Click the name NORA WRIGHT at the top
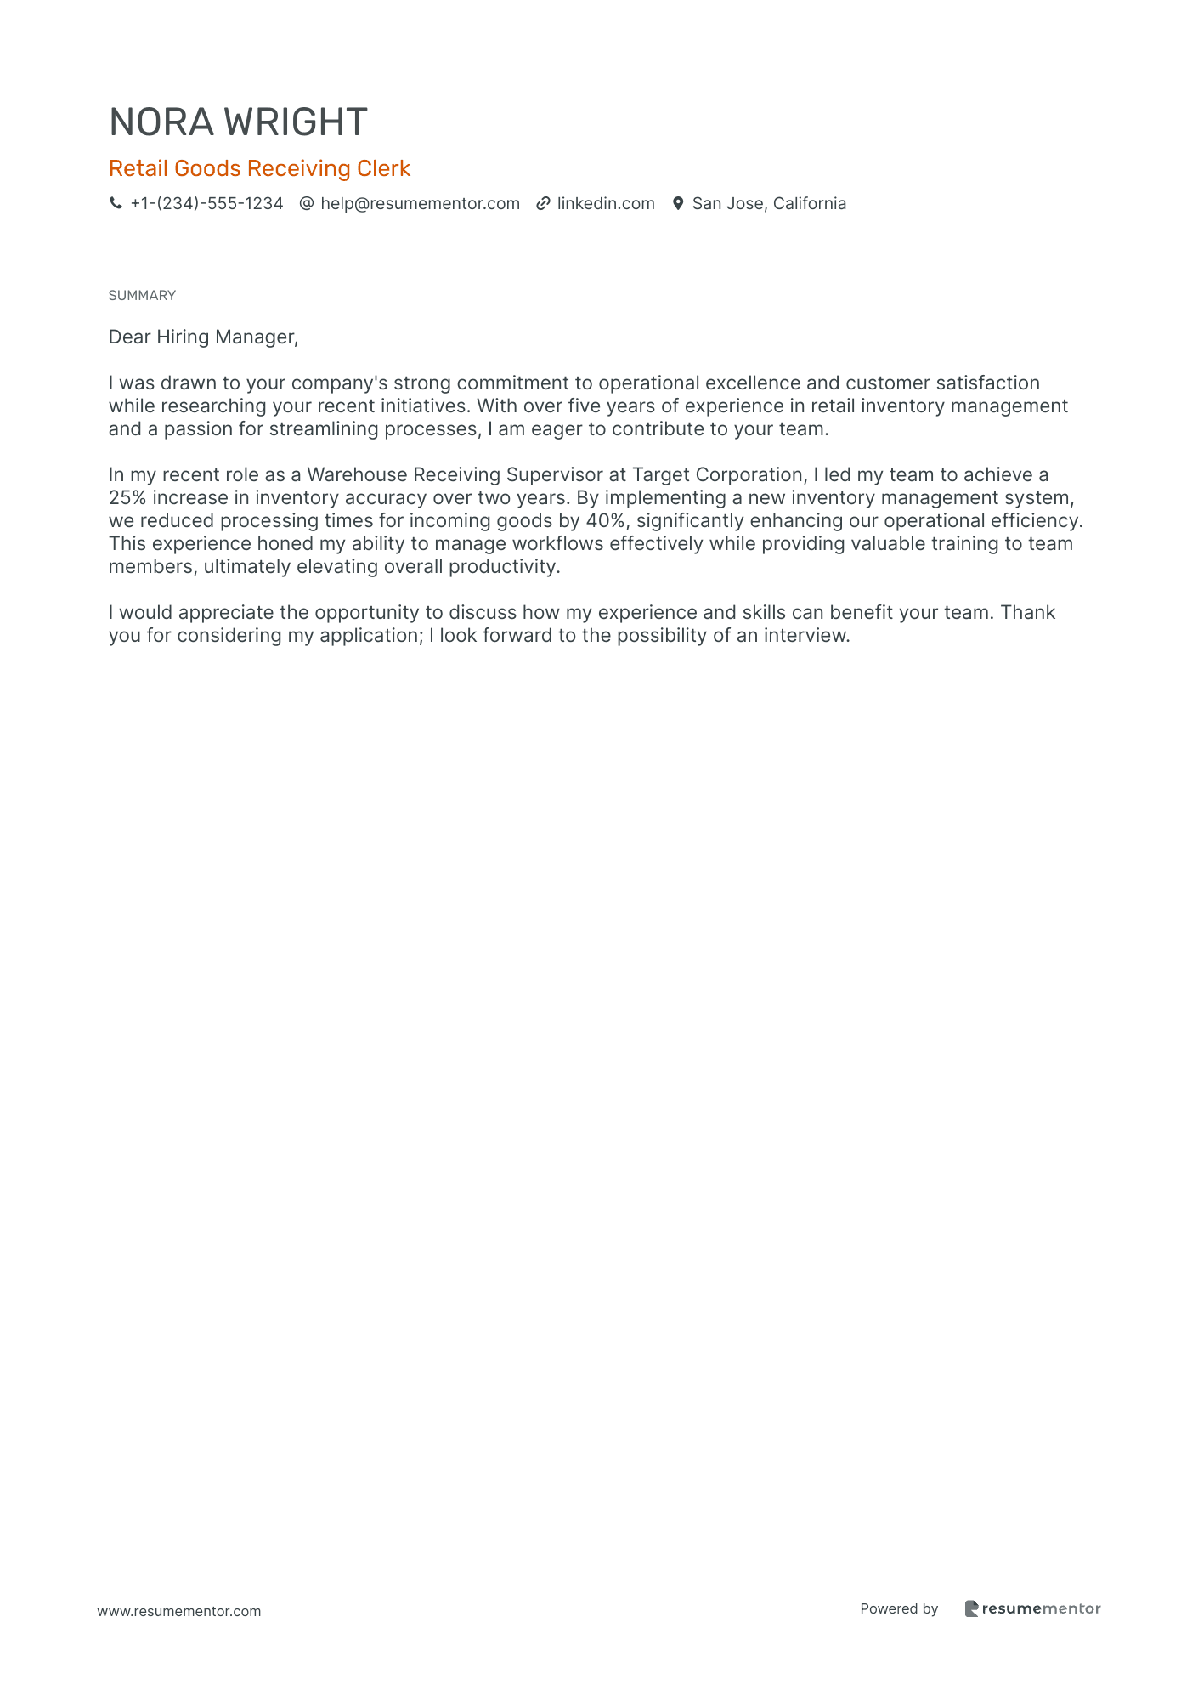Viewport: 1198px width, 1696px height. pos(238,122)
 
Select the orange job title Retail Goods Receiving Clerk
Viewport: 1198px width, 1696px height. pos(259,168)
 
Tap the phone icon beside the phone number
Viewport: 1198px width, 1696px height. pos(116,203)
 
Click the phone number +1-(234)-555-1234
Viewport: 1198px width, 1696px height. pos(206,203)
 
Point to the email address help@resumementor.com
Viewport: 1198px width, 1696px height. pos(420,203)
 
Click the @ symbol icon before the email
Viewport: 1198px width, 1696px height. pos(307,203)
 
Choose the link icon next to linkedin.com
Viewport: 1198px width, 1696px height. pos(543,203)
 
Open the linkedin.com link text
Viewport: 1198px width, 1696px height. pos(606,203)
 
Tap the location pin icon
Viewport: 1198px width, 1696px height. pos(678,203)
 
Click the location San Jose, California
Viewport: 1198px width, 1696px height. pos(769,203)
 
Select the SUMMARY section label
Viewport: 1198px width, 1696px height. pos(142,295)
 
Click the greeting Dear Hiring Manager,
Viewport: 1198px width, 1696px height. pos(203,337)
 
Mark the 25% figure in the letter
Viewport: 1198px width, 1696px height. pos(127,497)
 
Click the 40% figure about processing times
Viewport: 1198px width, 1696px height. pos(606,520)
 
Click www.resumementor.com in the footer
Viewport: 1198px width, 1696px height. pos(179,1611)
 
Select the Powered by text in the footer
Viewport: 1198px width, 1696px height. pos(899,1608)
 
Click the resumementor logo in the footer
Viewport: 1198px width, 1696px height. pos(1032,1608)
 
